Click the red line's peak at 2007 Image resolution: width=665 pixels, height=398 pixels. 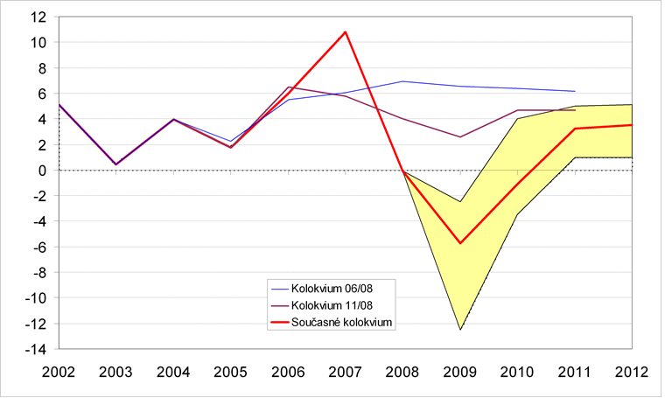pos(346,32)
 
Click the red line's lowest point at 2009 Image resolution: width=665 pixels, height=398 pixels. pos(460,243)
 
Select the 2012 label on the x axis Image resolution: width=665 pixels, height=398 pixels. pos(631,371)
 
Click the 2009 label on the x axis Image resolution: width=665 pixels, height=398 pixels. pos(460,371)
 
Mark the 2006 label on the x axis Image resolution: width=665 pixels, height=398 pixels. pos(288,371)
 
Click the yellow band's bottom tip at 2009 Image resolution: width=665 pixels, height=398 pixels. pos(460,330)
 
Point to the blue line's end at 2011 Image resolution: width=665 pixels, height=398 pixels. pos(575,91)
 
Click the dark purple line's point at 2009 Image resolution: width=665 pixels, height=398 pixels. pos(460,137)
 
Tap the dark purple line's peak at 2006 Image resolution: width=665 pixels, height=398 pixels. pos(288,87)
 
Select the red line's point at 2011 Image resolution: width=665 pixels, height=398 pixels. pos(575,129)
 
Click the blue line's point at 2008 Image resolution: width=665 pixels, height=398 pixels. pos(402,81)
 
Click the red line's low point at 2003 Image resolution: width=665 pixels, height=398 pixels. pos(115,164)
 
